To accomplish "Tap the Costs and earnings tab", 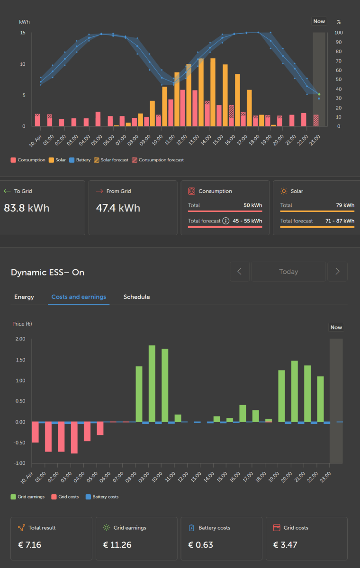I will pos(79,297).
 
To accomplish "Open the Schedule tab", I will pos(136,297).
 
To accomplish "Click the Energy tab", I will pos(24,297).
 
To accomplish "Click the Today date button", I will pos(288,272).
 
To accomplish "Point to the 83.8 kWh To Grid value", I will pos(27,208).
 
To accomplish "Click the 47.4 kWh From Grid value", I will pos(118,208).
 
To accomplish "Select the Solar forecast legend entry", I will pos(111,160).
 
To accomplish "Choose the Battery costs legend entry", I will pos(102,497).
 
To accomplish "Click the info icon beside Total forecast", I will pos(226,221).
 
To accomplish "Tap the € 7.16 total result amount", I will pos(29,545).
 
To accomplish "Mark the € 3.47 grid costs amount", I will pos(285,545).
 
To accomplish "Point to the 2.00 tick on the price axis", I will pos(20,339).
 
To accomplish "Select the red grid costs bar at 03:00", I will pos(74,437).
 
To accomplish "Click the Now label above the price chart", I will pos(336,327).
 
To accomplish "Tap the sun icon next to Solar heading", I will pos(284,191).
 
